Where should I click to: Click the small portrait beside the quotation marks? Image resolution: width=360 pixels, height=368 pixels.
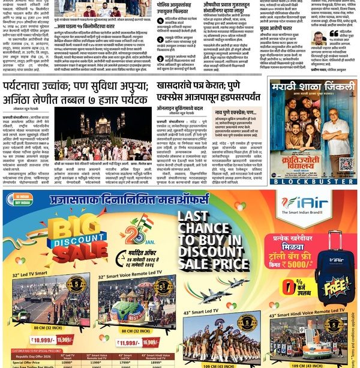coord(317,38)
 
